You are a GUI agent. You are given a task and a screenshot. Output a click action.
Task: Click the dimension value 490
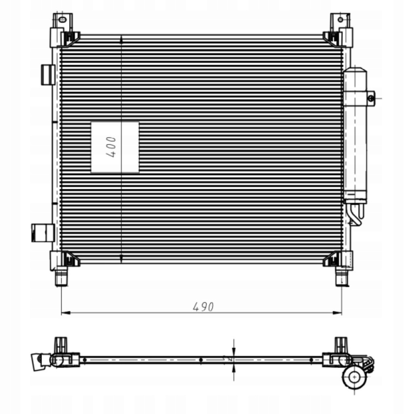tap(203, 307)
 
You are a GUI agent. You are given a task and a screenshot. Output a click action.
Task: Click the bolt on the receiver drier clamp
tap(371, 98)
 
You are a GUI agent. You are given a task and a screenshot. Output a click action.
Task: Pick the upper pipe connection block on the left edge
tap(48, 74)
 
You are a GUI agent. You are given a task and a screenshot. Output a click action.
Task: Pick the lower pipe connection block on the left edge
tap(43, 232)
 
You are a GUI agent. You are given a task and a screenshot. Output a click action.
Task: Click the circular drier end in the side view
tap(354, 377)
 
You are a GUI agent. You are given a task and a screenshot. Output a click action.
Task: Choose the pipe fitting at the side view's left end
tap(40, 360)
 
